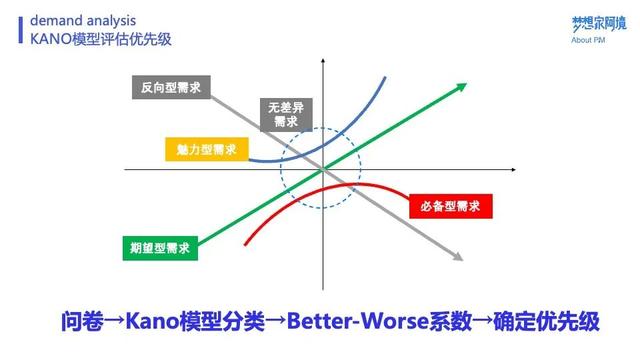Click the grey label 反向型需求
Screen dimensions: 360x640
click(169, 87)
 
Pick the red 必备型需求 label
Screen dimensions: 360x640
click(444, 207)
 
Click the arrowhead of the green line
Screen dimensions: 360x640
click(465, 85)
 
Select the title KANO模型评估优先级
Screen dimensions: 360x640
click(100, 38)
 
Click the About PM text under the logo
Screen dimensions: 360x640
click(589, 40)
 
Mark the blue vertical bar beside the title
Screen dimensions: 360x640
click(23, 28)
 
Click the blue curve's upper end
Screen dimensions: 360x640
click(384, 76)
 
